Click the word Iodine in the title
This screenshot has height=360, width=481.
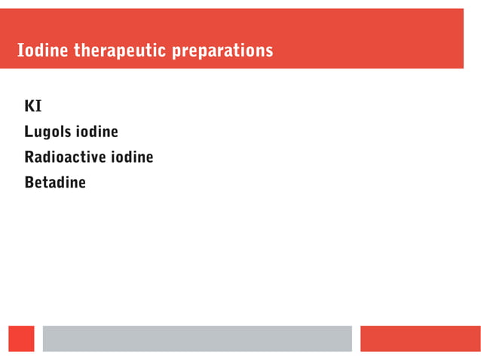pyautogui.click(x=42, y=51)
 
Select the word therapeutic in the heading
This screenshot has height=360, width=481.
pyautogui.click(x=121, y=51)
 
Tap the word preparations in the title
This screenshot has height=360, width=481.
pyautogui.click(x=222, y=52)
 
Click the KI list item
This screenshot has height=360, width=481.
pyautogui.click(x=33, y=106)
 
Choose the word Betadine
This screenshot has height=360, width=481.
pyautogui.click(x=55, y=182)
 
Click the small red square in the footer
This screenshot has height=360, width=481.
pyautogui.click(x=22, y=338)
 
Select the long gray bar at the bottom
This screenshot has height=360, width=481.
pyautogui.click(x=197, y=338)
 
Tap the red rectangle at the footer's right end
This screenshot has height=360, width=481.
pyautogui.click(x=420, y=338)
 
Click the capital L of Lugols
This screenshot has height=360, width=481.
pyautogui.click(x=29, y=133)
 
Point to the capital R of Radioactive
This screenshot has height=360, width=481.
pyautogui.click(x=29, y=157)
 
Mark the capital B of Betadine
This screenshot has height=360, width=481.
pyautogui.click(x=29, y=182)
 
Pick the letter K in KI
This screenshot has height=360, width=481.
pyautogui.click(x=30, y=106)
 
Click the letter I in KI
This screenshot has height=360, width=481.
pyautogui.click(x=38, y=106)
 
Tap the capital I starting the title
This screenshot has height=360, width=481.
pyautogui.click(x=20, y=51)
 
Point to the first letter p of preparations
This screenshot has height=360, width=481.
pyautogui.click(x=176, y=53)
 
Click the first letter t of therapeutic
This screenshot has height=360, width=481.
pyautogui.click(x=75, y=51)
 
